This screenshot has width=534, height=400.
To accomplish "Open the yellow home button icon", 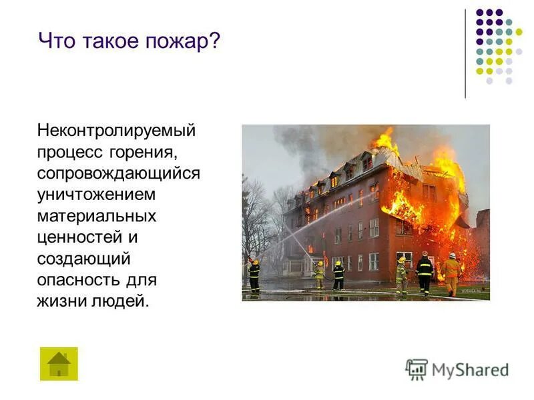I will tap(59, 363).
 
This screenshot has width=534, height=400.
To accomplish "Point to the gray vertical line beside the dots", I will tap(466, 53).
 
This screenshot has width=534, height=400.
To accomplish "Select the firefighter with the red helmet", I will tap(425, 272).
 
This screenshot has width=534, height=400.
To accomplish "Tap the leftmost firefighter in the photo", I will tap(254, 275).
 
